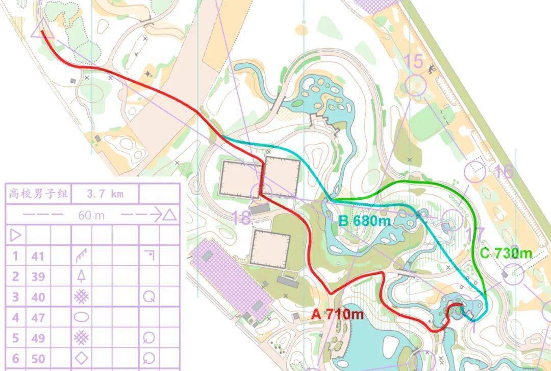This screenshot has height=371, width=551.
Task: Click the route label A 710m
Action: (x=337, y=314)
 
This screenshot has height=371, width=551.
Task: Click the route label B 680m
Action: (x=365, y=221)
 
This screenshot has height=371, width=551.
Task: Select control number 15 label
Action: (x=414, y=61)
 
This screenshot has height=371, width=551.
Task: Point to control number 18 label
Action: (x=241, y=218)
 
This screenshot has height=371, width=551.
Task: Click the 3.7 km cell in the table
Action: (x=105, y=194)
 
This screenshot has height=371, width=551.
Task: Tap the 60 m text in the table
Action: (x=91, y=215)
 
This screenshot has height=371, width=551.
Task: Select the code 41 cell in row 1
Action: (x=38, y=256)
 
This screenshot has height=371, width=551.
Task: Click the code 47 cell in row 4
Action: (x=38, y=317)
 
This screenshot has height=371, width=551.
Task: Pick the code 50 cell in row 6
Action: (x=38, y=358)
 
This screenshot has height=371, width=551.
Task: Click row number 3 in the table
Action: (x=15, y=297)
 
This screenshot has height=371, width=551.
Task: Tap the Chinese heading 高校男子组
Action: (x=38, y=194)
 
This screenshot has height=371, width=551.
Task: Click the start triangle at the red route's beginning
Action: (x=37, y=33)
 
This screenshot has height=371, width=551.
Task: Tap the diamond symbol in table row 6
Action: (x=81, y=358)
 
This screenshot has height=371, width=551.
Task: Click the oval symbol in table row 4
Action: (x=81, y=317)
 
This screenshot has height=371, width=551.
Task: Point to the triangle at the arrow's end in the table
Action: (x=170, y=215)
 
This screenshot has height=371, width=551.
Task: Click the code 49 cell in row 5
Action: (x=38, y=338)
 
